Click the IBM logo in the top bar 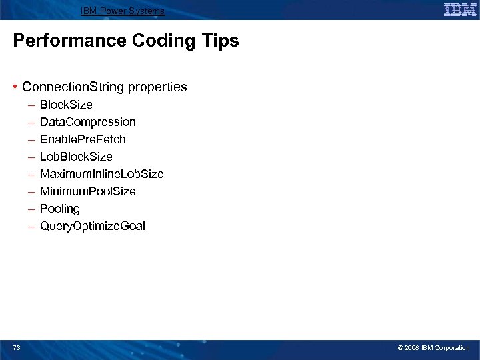pos(459,9)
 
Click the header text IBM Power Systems pos(123,11)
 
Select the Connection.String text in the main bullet pos(73,87)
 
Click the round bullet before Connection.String pos(15,87)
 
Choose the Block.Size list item pos(66,105)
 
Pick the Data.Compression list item pos(87,122)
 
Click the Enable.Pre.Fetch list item pos(83,139)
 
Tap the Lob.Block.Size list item pos(76,157)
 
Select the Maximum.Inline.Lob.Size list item pos(101,174)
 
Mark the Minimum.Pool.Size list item pos(87,191)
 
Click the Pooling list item pos(59,209)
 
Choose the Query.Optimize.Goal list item pos(92,226)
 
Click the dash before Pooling pos(31,209)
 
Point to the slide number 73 pos(16,347)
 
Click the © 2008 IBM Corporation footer pos(433,348)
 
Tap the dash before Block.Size pos(31,105)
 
